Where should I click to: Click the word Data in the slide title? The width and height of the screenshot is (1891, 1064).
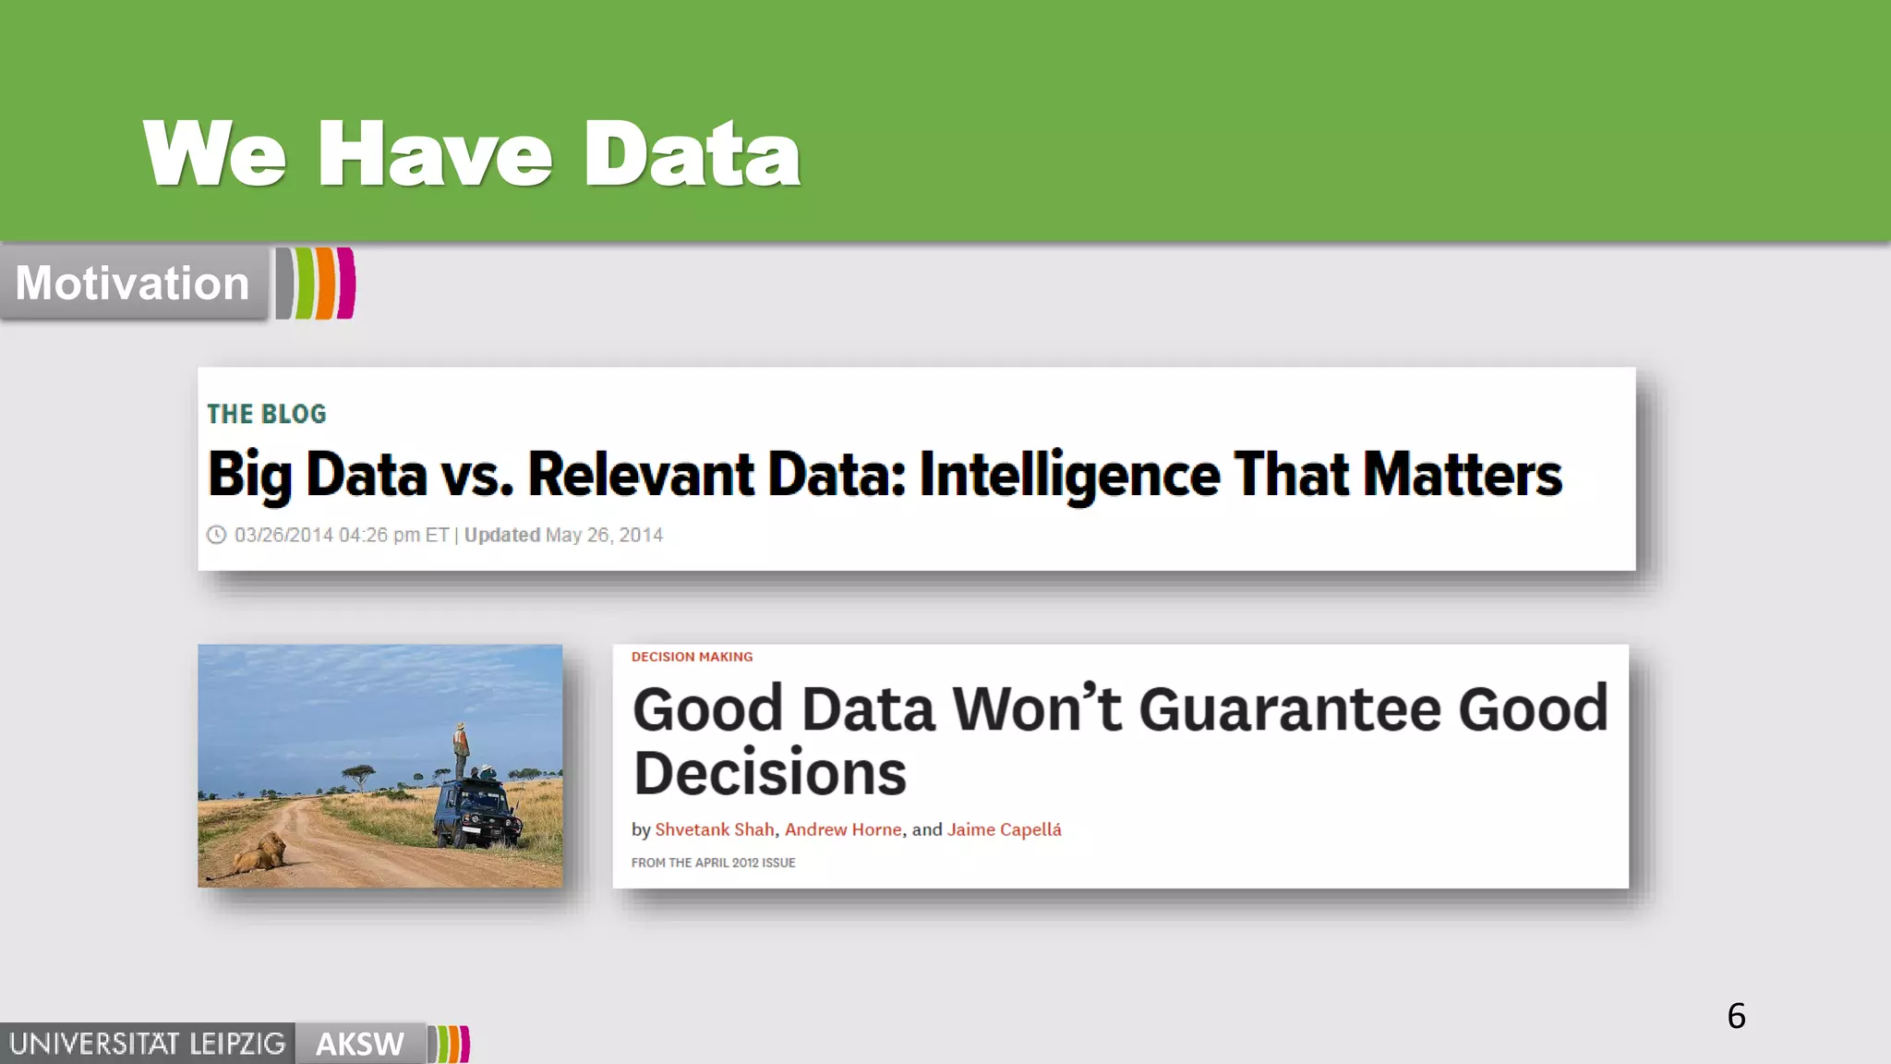click(692, 154)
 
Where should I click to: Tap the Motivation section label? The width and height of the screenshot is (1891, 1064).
click(132, 283)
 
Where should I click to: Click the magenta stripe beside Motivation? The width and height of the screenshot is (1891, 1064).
click(346, 283)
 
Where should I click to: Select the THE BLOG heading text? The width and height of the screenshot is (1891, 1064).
click(266, 414)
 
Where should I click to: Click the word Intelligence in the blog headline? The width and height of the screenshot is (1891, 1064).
click(1069, 475)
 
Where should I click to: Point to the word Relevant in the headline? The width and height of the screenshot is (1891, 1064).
click(641, 475)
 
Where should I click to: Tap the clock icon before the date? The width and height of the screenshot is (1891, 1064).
click(216, 535)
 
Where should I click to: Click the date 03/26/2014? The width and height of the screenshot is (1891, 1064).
click(283, 535)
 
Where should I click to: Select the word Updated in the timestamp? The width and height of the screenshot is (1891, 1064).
click(501, 535)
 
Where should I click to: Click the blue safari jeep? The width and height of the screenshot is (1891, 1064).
click(476, 813)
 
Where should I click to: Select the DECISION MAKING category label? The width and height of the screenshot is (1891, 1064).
click(692, 657)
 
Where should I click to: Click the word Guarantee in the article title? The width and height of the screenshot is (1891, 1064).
click(1290, 709)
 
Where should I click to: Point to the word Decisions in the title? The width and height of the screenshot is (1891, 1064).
click(769, 773)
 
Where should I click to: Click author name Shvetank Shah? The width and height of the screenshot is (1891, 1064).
click(715, 829)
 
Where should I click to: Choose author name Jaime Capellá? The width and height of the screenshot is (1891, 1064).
click(1004, 829)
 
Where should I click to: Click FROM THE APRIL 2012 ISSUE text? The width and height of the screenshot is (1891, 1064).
click(713, 863)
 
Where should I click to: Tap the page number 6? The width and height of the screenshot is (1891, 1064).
click(1736, 1016)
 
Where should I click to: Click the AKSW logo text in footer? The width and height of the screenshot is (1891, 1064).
click(359, 1044)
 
